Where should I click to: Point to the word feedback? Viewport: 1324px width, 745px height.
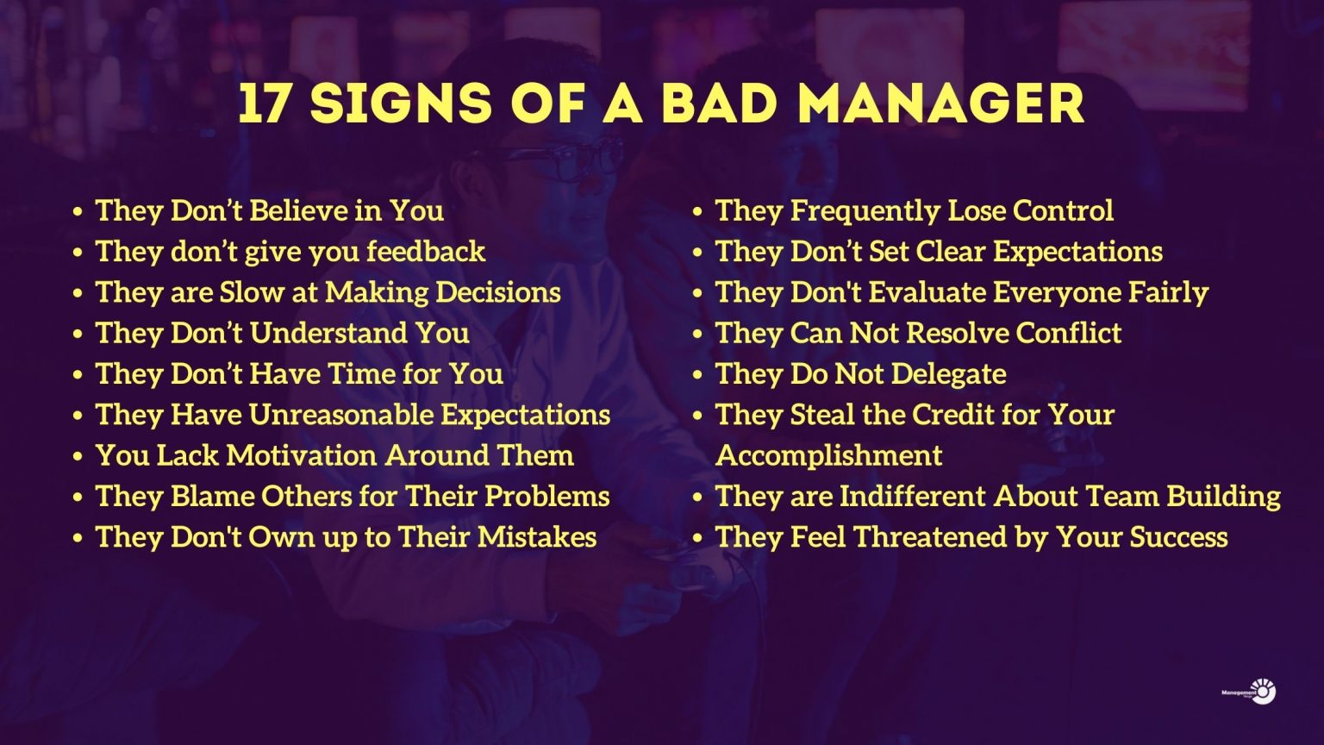[x=426, y=251]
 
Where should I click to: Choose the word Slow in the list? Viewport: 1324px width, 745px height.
[x=252, y=292]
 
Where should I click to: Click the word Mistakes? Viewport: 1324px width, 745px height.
[x=537, y=537]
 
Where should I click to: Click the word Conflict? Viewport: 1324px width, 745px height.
[x=1069, y=333]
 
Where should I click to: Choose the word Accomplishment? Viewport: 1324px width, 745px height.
[x=828, y=456]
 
